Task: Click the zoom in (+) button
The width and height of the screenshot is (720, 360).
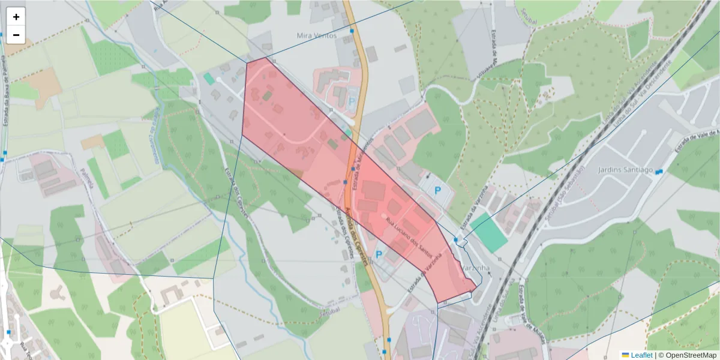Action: click(16, 17)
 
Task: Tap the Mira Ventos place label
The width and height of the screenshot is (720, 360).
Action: click(317, 35)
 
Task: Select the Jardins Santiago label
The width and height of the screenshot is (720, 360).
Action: click(625, 170)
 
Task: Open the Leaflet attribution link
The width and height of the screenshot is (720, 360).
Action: click(641, 355)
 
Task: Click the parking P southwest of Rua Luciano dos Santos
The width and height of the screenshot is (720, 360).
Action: click(379, 255)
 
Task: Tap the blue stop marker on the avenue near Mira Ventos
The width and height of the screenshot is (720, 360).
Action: click(352, 31)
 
